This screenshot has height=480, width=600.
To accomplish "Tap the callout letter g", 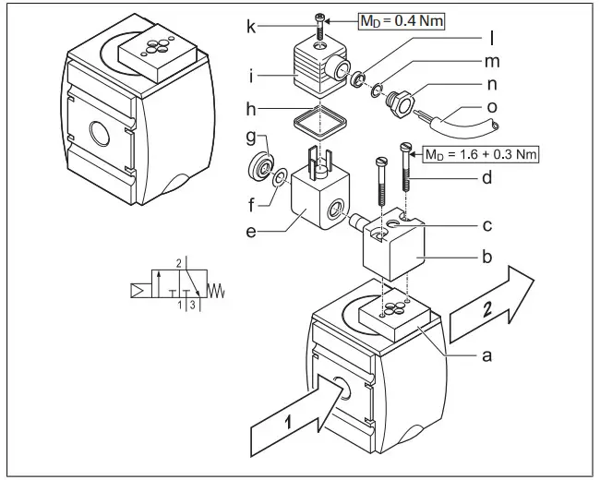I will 250,136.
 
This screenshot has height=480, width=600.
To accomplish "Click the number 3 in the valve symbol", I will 191,304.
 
